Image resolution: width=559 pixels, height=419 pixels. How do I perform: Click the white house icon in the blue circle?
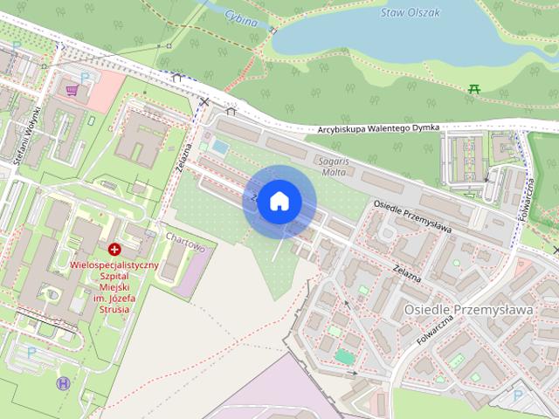[279, 201]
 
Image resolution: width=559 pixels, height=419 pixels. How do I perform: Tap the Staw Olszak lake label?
[410, 13]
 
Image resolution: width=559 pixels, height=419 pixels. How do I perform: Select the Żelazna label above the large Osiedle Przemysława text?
[407, 272]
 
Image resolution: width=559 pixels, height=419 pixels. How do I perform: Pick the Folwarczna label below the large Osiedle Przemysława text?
[434, 331]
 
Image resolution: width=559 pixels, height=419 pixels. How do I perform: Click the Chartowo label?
[184, 247]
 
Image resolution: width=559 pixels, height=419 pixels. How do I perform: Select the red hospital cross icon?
[114, 250]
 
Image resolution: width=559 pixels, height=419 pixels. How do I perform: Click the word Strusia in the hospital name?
[114, 309]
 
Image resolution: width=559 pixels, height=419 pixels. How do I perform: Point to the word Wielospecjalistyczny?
[114, 264]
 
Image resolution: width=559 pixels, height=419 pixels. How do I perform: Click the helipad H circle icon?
[63, 382]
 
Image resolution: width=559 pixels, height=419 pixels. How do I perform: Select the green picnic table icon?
[473, 87]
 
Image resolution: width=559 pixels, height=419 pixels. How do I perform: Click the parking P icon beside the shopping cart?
[86, 78]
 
